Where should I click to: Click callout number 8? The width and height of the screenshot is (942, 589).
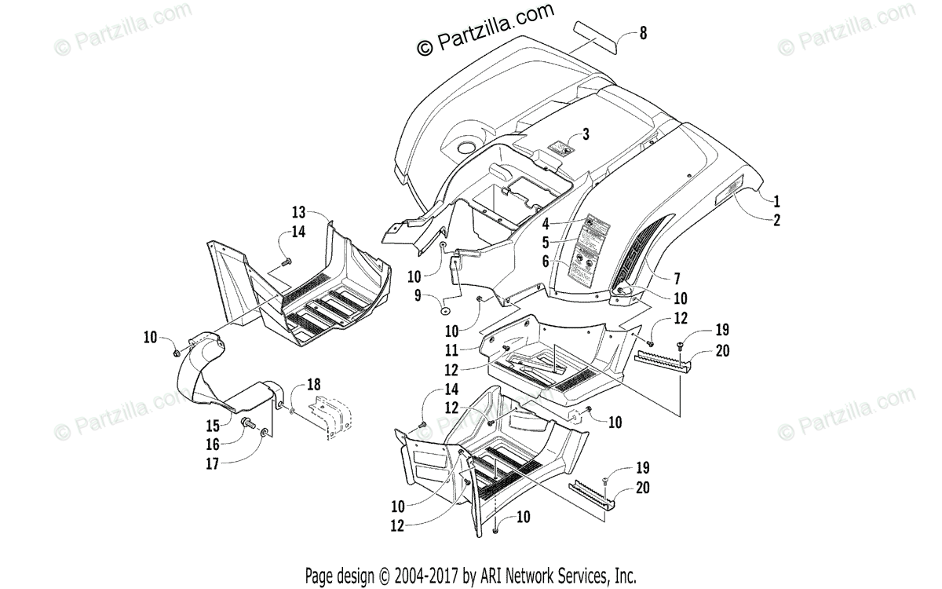click(643, 33)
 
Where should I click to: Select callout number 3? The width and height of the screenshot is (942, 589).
click(585, 133)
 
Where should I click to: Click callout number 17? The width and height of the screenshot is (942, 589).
click(212, 463)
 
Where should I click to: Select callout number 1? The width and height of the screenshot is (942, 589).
click(776, 199)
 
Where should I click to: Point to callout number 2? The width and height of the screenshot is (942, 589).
click(776, 220)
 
